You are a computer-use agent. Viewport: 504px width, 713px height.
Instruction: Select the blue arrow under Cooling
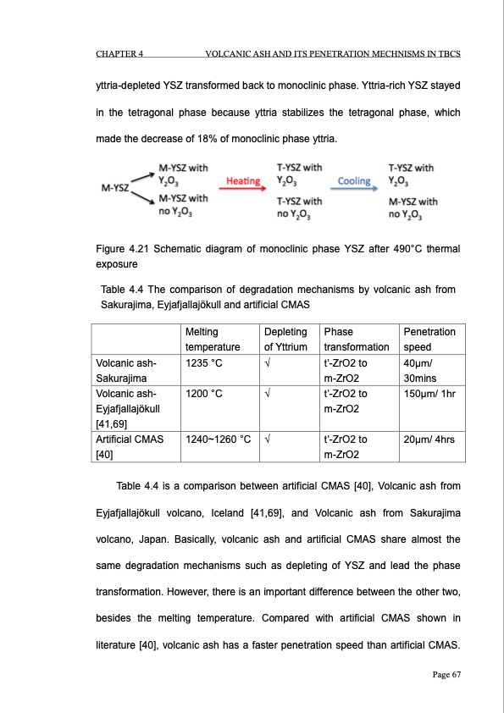(x=355, y=191)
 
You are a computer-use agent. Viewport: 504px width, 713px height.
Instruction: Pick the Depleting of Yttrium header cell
(x=285, y=339)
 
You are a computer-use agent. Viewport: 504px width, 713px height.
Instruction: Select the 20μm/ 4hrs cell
(x=429, y=439)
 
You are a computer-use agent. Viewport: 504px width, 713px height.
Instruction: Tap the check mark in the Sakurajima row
(x=268, y=362)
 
